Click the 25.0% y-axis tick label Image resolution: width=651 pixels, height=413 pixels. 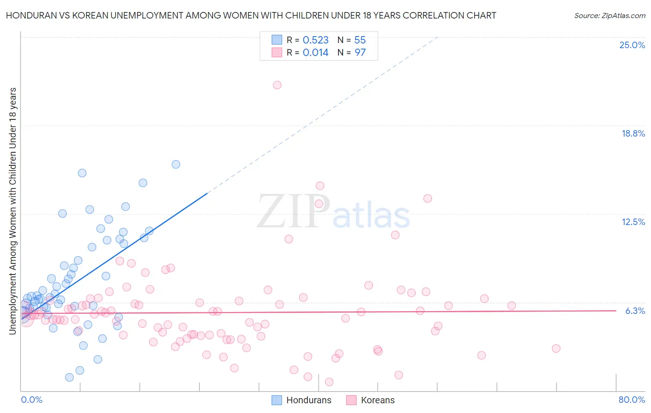click(x=632, y=45)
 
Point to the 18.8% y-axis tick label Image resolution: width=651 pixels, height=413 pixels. click(x=633, y=134)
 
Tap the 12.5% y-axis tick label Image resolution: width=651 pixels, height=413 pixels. click(x=633, y=222)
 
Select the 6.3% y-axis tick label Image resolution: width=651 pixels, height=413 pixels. click(x=635, y=311)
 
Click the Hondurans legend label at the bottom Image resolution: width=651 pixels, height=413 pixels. click(x=309, y=400)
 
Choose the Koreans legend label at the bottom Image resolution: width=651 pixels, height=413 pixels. click(x=378, y=400)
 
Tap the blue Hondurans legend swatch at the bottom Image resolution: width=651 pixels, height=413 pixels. click(x=276, y=400)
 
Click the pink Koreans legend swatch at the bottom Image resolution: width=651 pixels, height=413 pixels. click(x=351, y=400)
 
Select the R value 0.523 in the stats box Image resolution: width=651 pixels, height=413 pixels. click(x=315, y=40)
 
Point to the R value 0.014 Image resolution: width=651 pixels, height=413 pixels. click(x=315, y=53)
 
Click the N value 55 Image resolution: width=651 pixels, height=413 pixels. click(x=360, y=40)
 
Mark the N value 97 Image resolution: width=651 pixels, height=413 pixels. click(x=360, y=53)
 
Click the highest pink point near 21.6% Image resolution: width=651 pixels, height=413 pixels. click(x=277, y=85)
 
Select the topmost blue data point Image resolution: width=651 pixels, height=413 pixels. click(x=176, y=164)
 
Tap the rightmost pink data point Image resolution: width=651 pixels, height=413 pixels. click(x=556, y=349)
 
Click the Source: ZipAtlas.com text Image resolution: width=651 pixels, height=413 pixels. click(x=610, y=16)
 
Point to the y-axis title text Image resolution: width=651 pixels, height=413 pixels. click(x=13, y=211)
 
